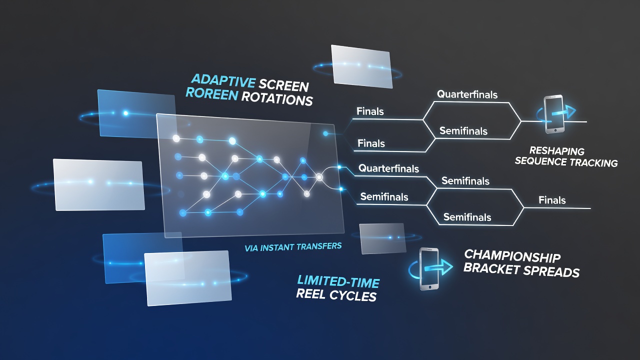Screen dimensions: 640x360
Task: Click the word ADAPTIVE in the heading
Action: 223,80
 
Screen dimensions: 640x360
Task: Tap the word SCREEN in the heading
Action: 284,85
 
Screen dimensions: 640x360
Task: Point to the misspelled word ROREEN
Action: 211,93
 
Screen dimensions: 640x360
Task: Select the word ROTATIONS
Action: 277,99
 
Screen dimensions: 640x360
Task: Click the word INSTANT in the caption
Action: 275,247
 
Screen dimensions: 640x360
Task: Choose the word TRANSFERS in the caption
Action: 317,246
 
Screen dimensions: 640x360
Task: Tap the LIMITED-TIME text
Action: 338,281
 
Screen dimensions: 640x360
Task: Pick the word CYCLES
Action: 353,295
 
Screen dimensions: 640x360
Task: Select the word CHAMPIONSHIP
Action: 512,256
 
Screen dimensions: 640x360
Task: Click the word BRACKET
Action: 491,268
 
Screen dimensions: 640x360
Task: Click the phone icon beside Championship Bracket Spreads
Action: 429,269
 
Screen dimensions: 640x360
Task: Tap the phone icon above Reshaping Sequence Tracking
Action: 554,114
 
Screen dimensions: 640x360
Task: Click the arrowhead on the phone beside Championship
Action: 446,267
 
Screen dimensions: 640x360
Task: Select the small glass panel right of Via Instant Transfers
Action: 383,238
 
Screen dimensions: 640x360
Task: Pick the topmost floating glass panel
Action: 361,66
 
